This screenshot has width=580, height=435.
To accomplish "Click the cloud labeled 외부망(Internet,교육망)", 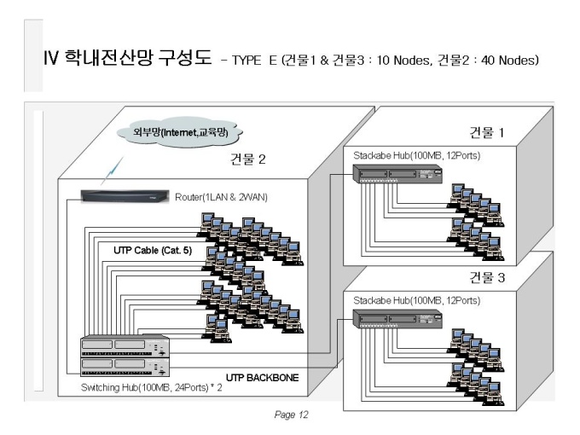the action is (179, 131).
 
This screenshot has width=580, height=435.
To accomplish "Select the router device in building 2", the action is (125, 196).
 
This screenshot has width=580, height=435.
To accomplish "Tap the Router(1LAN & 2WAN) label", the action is (221, 197).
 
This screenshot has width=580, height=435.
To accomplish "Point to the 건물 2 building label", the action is (248, 159).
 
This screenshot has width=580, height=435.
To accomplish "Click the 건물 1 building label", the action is (487, 132).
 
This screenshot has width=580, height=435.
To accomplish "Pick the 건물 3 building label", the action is (487, 277).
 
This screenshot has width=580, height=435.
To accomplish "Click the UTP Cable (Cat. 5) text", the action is (153, 251).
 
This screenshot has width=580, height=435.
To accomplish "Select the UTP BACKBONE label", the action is (262, 378).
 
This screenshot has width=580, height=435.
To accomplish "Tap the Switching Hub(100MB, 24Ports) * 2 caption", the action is (151, 387).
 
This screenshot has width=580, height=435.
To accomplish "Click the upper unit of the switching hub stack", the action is (125, 346).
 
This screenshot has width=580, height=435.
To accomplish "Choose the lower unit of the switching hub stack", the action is (125, 367).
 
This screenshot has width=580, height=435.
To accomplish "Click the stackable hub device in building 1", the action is (397, 174).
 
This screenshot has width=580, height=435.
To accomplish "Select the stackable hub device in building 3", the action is (397, 319).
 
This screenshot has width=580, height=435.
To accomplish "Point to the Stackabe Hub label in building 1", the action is (417, 155).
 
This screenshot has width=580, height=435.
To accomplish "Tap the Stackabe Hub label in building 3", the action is (417, 300).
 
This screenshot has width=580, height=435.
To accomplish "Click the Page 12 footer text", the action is (291, 415).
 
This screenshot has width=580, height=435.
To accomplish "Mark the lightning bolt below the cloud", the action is (112, 171).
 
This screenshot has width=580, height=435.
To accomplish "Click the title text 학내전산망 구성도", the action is (138, 57).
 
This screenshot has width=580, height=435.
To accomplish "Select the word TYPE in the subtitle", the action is (246, 60).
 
